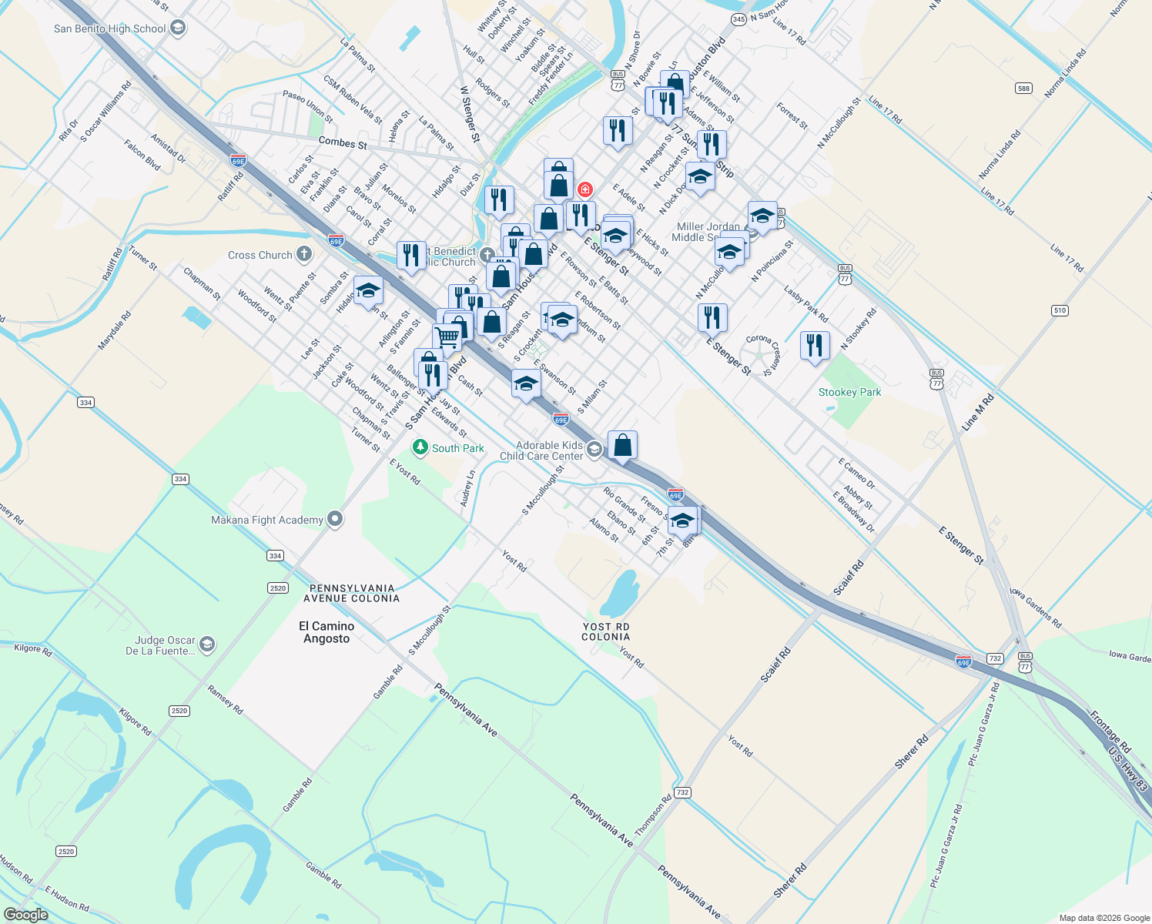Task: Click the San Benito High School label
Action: point(109,29)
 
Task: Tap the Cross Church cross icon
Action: point(304,254)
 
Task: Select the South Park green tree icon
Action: point(420,447)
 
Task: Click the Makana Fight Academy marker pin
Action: point(335,519)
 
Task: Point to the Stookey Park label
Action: point(849,392)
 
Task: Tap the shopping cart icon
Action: point(447,336)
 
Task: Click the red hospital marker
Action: point(585,189)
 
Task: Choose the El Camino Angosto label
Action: point(327,632)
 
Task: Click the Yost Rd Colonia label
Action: point(605,631)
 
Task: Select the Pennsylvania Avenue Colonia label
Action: point(351,593)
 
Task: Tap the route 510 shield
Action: point(1060,310)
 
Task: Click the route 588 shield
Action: point(1023,89)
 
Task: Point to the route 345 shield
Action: point(738,19)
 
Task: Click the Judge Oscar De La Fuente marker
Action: point(207,644)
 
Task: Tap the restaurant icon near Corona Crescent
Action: point(815,346)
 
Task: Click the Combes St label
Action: point(343,143)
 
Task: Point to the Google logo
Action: point(25,915)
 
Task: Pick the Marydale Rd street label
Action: point(114,331)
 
